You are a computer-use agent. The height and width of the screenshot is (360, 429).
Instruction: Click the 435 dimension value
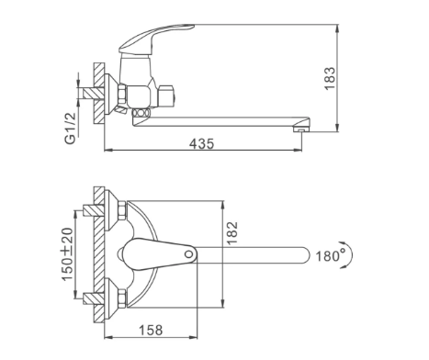click(201, 143)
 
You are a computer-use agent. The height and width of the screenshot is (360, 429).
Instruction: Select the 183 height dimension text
click(330, 78)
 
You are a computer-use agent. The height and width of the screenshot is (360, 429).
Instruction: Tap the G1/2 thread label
click(70, 129)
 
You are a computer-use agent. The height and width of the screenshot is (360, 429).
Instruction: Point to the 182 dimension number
click(232, 232)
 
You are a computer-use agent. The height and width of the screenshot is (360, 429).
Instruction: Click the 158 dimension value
click(151, 330)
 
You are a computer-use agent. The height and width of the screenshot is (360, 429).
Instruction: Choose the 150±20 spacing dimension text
click(68, 253)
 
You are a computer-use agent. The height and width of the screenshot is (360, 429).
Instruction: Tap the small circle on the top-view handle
click(189, 253)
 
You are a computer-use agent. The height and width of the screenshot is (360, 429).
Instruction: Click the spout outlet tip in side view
click(300, 130)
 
